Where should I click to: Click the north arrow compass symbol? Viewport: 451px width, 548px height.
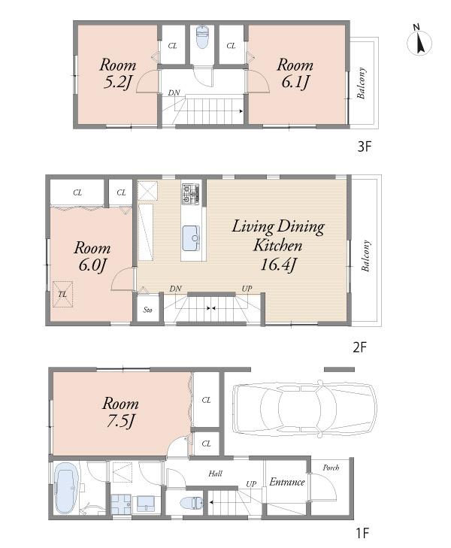pos(419,41)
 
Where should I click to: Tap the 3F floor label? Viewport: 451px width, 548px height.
pos(364,147)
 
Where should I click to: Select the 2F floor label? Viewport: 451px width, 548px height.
pos(361,348)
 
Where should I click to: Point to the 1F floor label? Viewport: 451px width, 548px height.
pos(362,534)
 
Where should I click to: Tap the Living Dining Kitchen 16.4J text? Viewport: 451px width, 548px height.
pos(277,245)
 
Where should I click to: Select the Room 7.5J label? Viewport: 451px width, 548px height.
pos(120,411)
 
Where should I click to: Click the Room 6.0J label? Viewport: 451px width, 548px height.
pos(92,256)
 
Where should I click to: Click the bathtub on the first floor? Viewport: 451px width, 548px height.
pos(65,490)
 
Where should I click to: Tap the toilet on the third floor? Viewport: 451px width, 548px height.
pos(201,38)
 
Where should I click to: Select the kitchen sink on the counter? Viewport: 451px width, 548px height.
pos(192,238)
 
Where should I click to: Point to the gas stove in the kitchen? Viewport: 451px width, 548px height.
pos(191,194)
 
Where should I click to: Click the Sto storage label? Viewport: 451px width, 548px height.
pos(147,309)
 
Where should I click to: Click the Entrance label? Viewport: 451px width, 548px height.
pos(286,482)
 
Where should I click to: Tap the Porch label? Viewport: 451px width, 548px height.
pos(331,468)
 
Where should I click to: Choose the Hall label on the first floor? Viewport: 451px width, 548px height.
pos(215,474)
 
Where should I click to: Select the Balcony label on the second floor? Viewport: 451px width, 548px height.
pos(367,256)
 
